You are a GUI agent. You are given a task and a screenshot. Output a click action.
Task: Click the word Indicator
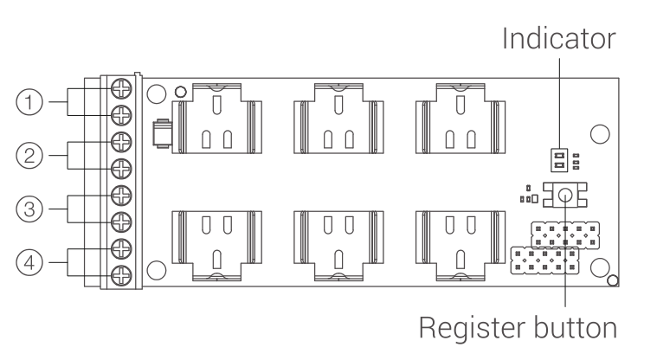(559, 39)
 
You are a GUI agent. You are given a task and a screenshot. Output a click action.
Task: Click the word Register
(468, 328)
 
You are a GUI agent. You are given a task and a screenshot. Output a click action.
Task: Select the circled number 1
(29, 102)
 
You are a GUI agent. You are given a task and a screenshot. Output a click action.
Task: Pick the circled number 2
(29, 156)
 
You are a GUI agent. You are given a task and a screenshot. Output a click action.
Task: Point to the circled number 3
(29, 209)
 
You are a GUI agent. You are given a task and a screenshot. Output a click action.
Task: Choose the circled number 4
(29, 263)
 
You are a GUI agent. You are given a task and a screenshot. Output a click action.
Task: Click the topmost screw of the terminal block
(121, 89)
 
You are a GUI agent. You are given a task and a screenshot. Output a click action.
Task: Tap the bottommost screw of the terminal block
(121, 276)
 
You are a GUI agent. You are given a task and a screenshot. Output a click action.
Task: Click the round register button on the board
(565, 195)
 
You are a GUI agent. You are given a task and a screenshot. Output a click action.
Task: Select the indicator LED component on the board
(559, 160)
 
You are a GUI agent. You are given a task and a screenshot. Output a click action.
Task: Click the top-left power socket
(217, 119)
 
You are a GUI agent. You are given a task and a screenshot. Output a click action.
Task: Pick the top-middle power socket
(338, 119)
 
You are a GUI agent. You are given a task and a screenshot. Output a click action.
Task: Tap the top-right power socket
(461, 119)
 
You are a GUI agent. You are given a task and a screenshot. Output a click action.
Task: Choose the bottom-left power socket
(217, 246)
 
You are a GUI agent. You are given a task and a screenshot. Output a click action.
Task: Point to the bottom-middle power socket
(338, 246)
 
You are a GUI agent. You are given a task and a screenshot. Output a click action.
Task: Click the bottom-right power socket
(461, 246)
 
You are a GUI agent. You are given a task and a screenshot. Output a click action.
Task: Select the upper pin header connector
(565, 235)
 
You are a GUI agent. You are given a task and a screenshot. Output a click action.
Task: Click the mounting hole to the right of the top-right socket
(600, 134)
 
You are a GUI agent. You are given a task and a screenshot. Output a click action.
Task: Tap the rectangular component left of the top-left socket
(162, 133)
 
